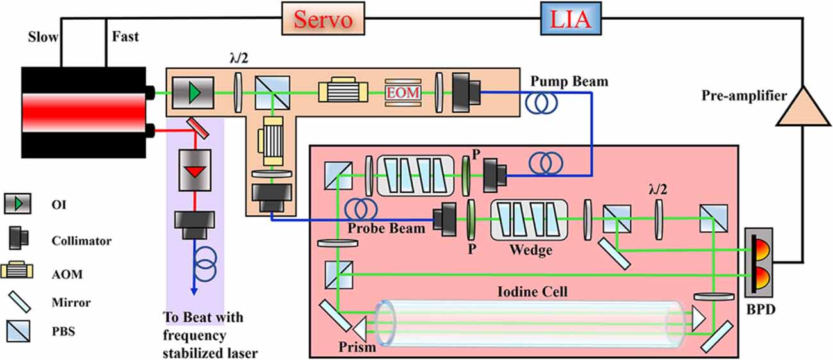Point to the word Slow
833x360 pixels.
[42, 37]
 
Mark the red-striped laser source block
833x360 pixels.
[83, 110]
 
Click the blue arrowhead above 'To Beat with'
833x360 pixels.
[194, 293]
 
